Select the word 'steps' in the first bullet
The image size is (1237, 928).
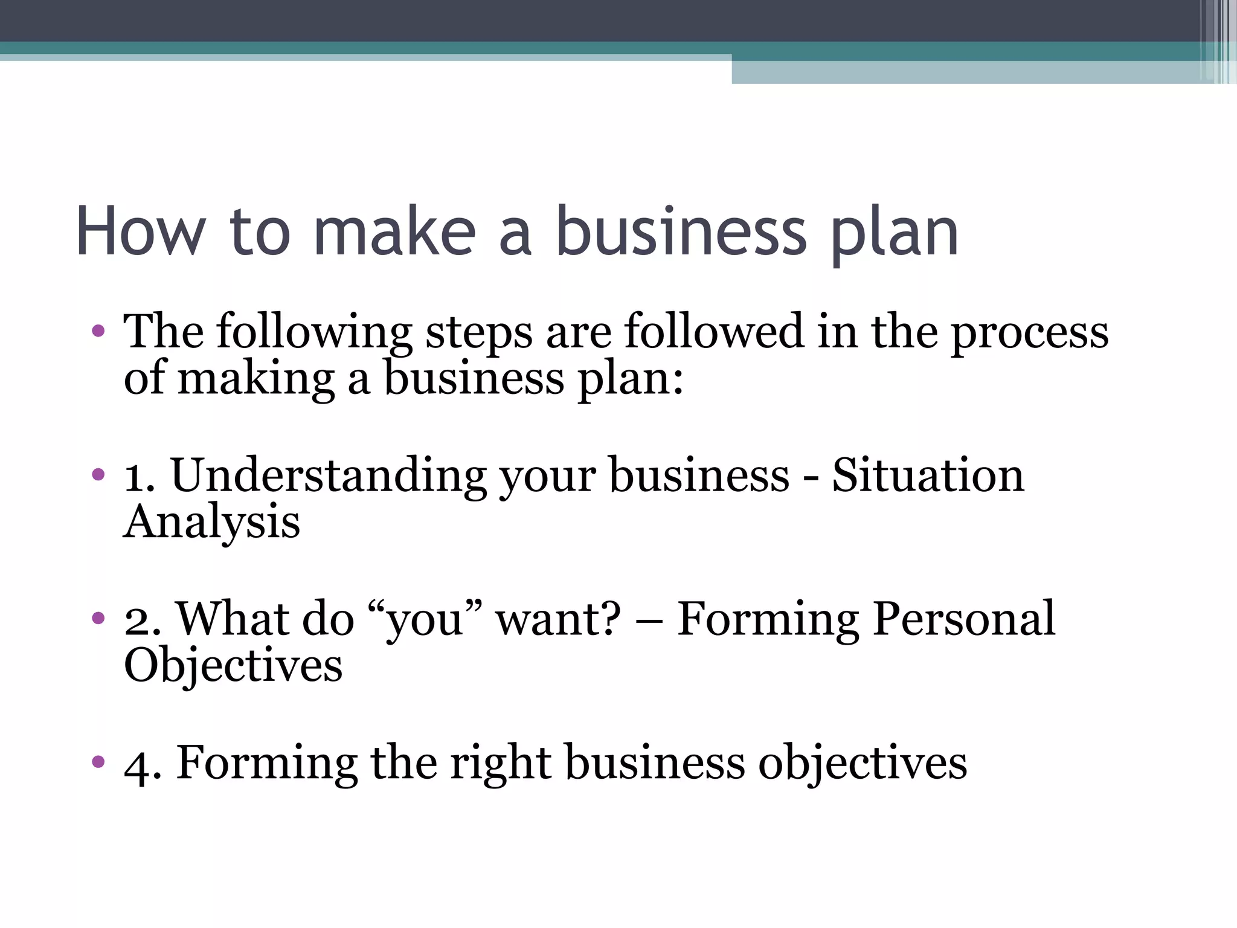coord(479,332)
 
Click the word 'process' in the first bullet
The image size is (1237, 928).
coord(1030,332)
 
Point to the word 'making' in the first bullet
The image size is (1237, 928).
coord(256,379)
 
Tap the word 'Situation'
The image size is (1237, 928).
coord(928,475)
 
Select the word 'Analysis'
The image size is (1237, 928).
coord(211,522)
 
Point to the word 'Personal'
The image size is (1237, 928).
coord(964,619)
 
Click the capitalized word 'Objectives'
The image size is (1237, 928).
coord(233,665)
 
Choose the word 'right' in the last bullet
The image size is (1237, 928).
coord(501,763)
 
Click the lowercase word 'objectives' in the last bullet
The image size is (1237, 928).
coord(863,763)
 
